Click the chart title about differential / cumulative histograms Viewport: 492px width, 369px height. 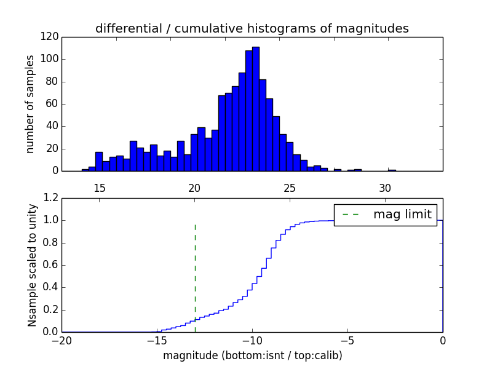pyautogui.click(x=252, y=28)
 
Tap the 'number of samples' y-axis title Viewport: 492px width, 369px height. pyautogui.click(x=30, y=104)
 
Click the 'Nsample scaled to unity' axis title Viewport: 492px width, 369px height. pyautogui.click(x=32, y=264)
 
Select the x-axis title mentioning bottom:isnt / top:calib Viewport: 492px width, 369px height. pyautogui.click(x=252, y=355)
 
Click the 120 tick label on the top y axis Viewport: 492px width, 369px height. pyautogui.click(x=50, y=37)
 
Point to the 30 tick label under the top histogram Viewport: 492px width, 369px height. pyautogui.click(x=385, y=188)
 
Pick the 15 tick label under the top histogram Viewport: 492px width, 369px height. pyautogui.click(x=100, y=188)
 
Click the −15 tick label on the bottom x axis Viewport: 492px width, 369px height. pyautogui.click(x=156, y=341)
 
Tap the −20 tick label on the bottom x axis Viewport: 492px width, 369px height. pyautogui.click(x=61, y=341)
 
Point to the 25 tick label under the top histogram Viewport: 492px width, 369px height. pyautogui.click(x=290, y=188)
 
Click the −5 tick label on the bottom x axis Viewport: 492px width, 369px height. pyautogui.click(x=347, y=341)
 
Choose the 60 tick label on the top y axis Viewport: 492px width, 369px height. pyautogui.click(x=52, y=104)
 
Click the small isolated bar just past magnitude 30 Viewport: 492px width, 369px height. pyautogui.click(x=392, y=170)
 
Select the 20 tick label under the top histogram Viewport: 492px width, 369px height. pyautogui.click(x=194, y=188)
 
